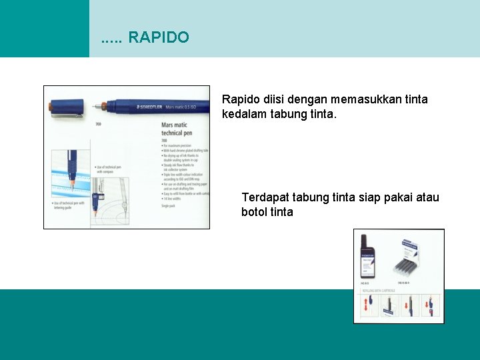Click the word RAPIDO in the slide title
(x=158, y=37)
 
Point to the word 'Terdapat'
(x=265, y=197)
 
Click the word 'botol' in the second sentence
(x=254, y=212)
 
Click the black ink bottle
(x=367, y=257)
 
